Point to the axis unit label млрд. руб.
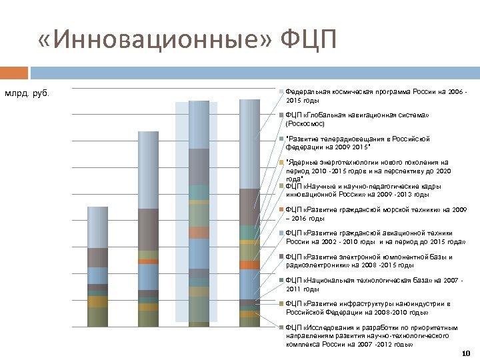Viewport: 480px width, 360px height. point(27,93)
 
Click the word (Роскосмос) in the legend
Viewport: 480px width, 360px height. point(306,123)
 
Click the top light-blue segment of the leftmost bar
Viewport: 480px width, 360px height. point(98,227)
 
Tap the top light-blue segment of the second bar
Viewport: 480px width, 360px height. point(148,170)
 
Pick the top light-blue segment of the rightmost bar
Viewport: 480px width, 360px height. point(249,143)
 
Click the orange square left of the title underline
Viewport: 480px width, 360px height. point(14,71)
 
